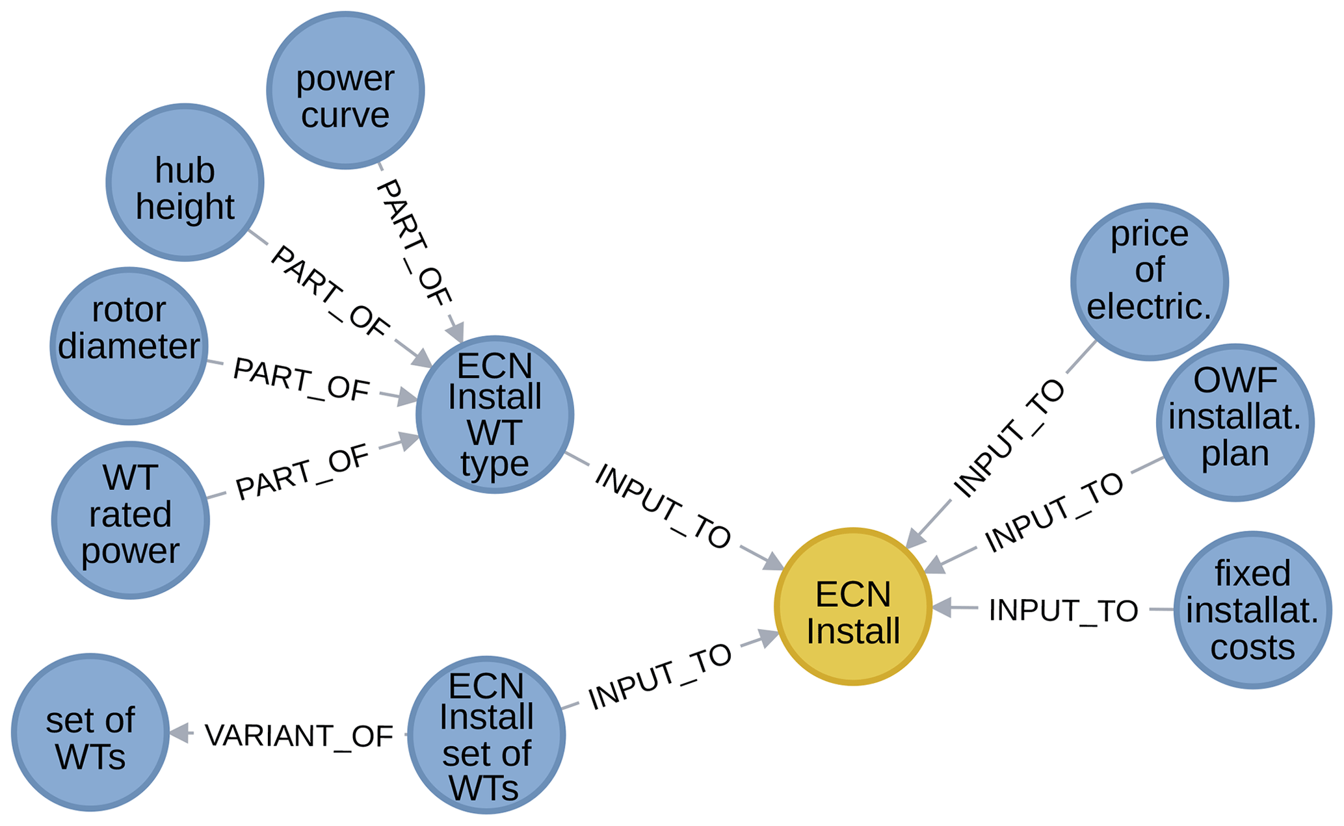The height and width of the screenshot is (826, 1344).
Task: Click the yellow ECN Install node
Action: tap(853, 606)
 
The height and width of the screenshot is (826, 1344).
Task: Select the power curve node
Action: tap(345, 90)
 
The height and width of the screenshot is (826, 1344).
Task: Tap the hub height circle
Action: tap(185, 183)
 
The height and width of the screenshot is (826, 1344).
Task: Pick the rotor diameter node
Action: tap(129, 346)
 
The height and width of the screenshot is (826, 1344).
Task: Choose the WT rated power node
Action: tap(130, 520)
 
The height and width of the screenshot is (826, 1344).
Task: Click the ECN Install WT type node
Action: tap(495, 415)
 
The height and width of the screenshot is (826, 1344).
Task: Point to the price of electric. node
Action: tap(1149, 281)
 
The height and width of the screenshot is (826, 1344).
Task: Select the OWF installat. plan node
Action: tap(1235, 422)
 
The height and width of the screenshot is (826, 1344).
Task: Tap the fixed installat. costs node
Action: tap(1252, 610)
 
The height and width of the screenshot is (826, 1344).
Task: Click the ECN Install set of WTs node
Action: tap(486, 735)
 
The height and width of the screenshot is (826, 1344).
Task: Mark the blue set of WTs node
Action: tap(90, 732)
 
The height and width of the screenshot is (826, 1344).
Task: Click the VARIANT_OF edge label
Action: tap(299, 736)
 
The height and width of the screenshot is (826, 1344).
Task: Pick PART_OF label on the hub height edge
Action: tap(330, 292)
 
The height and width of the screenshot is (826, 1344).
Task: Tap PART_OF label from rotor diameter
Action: tap(301, 379)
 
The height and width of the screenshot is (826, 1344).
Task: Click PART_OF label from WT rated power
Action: tap(302, 472)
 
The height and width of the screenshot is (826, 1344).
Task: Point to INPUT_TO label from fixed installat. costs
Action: tap(1063, 610)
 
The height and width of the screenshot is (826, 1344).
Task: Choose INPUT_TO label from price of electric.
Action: tap(1008, 438)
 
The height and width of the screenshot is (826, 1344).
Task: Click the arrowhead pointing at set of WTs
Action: tap(179, 734)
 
